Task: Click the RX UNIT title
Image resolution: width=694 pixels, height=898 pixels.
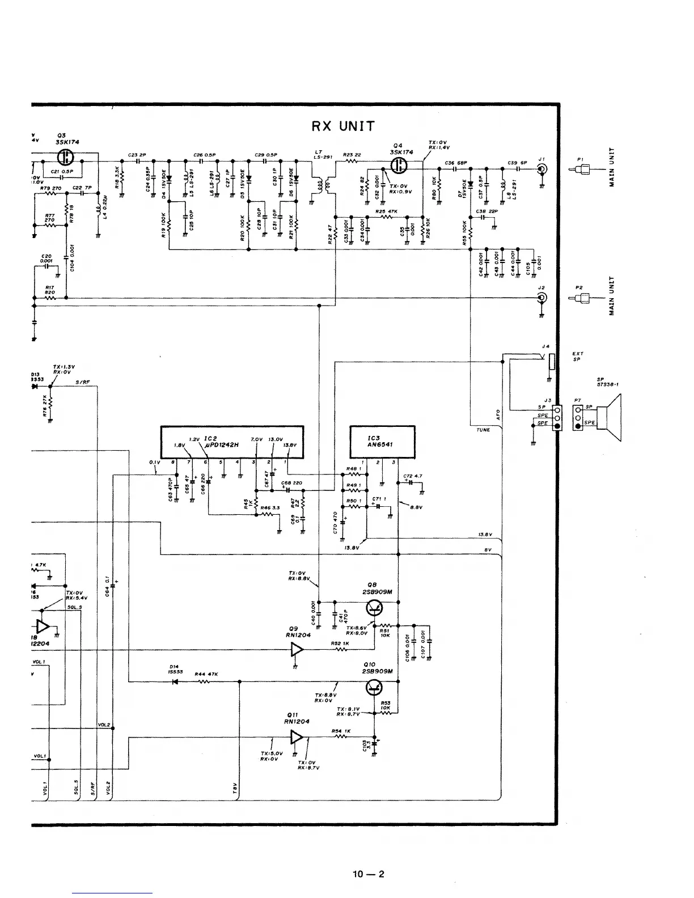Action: pyautogui.click(x=343, y=126)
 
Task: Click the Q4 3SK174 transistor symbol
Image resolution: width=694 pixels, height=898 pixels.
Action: pyautogui.click(x=401, y=166)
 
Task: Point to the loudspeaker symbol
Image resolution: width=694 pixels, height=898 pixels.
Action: pyautogui.click(x=612, y=417)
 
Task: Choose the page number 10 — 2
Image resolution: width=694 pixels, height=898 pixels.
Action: pyautogui.click(x=368, y=874)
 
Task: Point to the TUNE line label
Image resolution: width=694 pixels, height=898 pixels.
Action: pyautogui.click(x=483, y=430)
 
